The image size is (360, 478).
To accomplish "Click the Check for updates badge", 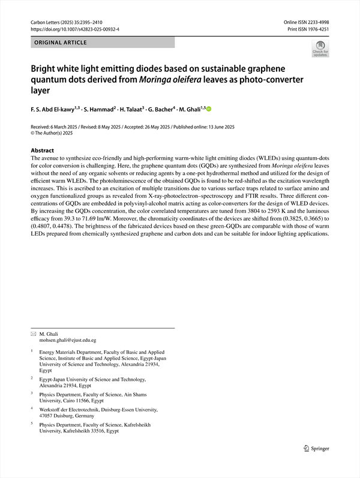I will [x=320, y=49].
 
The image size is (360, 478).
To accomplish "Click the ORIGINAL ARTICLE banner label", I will [x=61, y=43].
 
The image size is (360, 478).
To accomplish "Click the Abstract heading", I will [x=42, y=151].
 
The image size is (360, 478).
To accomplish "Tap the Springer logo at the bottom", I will [x=316, y=447].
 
